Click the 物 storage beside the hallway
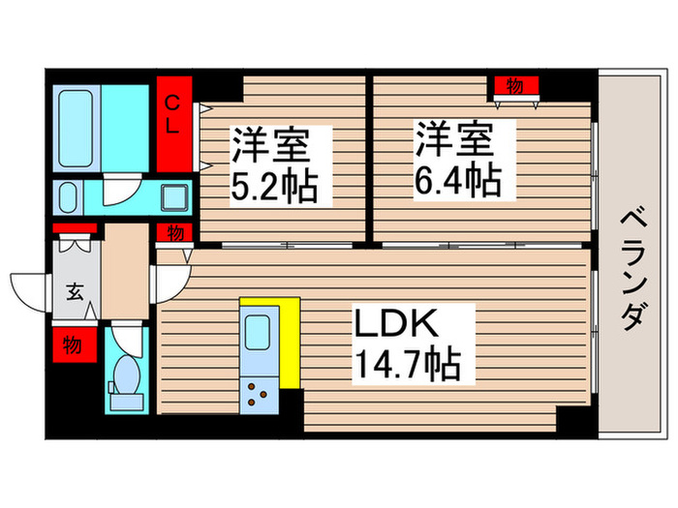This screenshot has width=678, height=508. point(173,232)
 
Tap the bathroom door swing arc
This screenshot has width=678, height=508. point(120,190)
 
